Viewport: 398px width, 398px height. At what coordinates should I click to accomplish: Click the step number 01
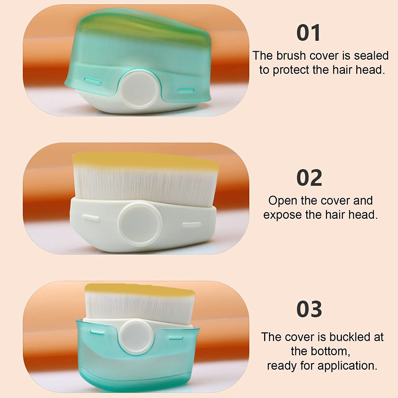point(308,33)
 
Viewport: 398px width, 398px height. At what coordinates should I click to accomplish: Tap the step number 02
point(309,178)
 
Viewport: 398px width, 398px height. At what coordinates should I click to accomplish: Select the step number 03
point(309,308)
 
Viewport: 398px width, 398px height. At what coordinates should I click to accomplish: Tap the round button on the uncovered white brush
point(140,223)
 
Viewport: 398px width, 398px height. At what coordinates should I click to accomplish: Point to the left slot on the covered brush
point(93,82)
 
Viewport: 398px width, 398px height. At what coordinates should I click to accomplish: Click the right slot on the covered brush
point(186,91)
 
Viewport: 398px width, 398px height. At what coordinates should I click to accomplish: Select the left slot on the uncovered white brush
point(91,217)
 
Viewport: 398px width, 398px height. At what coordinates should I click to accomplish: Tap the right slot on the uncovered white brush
point(192,225)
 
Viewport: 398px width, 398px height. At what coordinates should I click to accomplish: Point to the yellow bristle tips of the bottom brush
point(140,290)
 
